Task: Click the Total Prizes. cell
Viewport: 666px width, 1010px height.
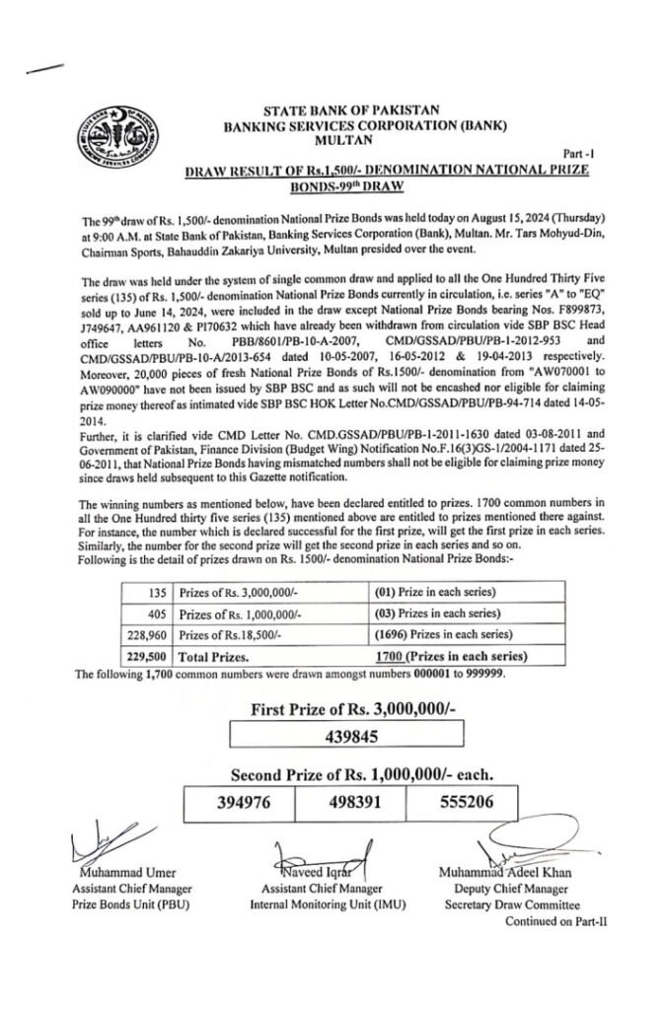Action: coord(213,654)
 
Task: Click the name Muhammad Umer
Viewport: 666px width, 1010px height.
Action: coord(116,872)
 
